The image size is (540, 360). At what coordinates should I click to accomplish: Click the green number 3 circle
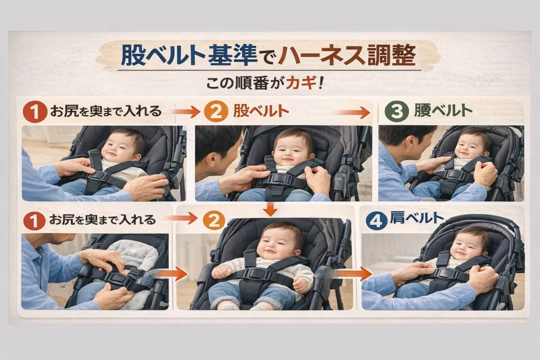pyautogui.click(x=397, y=112)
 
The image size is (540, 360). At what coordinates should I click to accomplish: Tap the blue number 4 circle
pyautogui.click(x=377, y=221)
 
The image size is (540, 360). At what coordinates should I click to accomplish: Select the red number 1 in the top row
pyautogui.click(x=35, y=112)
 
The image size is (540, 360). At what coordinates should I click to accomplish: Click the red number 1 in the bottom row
pyautogui.click(x=34, y=221)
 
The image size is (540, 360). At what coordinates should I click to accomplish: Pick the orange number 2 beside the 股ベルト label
pyautogui.click(x=216, y=112)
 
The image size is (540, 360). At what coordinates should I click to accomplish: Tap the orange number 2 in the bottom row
pyautogui.click(x=214, y=221)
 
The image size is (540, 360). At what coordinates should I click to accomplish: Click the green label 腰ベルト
pyautogui.click(x=443, y=111)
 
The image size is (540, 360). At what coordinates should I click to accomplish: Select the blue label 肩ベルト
pyautogui.click(x=417, y=218)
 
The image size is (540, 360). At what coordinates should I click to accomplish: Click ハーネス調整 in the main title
pyautogui.click(x=347, y=55)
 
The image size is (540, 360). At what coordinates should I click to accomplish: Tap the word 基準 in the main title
pyautogui.click(x=233, y=55)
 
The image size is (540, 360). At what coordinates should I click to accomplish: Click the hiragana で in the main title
pyautogui.click(x=267, y=57)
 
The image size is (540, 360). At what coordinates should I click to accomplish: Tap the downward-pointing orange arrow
pyautogui.click(x=271, y=209)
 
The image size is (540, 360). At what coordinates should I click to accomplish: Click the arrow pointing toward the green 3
pyautogui.click(x=353, y=112)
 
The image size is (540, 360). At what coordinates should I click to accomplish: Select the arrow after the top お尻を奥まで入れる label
pyautogui.click(x=186, y=112)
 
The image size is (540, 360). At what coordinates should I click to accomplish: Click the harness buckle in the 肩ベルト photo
pyautogui.click(x=448, y=273)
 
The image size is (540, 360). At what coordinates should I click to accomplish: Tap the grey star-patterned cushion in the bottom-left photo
pyautogui.click(x=132, y=255)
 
